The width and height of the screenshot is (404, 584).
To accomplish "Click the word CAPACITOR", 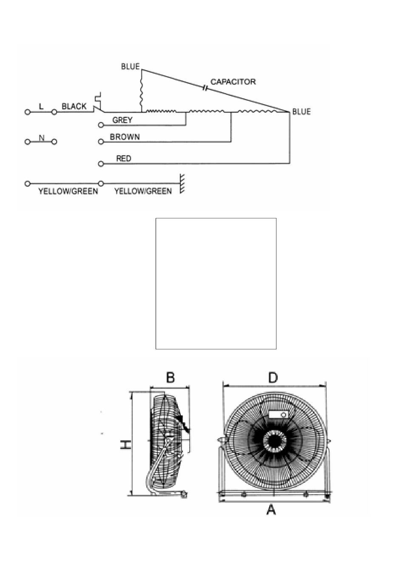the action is [233, 82].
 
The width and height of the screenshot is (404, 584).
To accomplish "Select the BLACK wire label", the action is [74, 106].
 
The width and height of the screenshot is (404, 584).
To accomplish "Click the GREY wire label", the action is [122, 120].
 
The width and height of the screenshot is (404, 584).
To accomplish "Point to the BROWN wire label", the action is [125, 137].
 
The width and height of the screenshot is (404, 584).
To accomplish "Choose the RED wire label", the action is [124, 159].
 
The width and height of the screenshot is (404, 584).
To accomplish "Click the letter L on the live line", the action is [41, 106].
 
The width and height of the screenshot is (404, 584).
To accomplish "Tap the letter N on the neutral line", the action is [41, 138].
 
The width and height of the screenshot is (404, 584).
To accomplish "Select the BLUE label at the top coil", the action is [130, 66].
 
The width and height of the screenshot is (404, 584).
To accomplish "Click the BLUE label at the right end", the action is [302, 111].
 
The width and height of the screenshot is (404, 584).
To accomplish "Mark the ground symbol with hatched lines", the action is [182, 184].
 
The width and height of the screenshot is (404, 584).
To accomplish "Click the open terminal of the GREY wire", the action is [101, 125].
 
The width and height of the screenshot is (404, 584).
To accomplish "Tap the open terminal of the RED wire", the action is [101, 164].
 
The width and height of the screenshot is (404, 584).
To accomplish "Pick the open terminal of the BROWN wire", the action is [101, 142].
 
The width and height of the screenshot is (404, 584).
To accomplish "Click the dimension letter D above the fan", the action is [273, 378].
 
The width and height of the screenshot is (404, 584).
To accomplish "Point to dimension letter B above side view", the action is [170, 377].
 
